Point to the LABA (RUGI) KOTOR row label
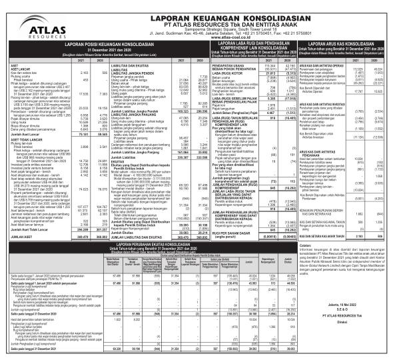209,73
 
